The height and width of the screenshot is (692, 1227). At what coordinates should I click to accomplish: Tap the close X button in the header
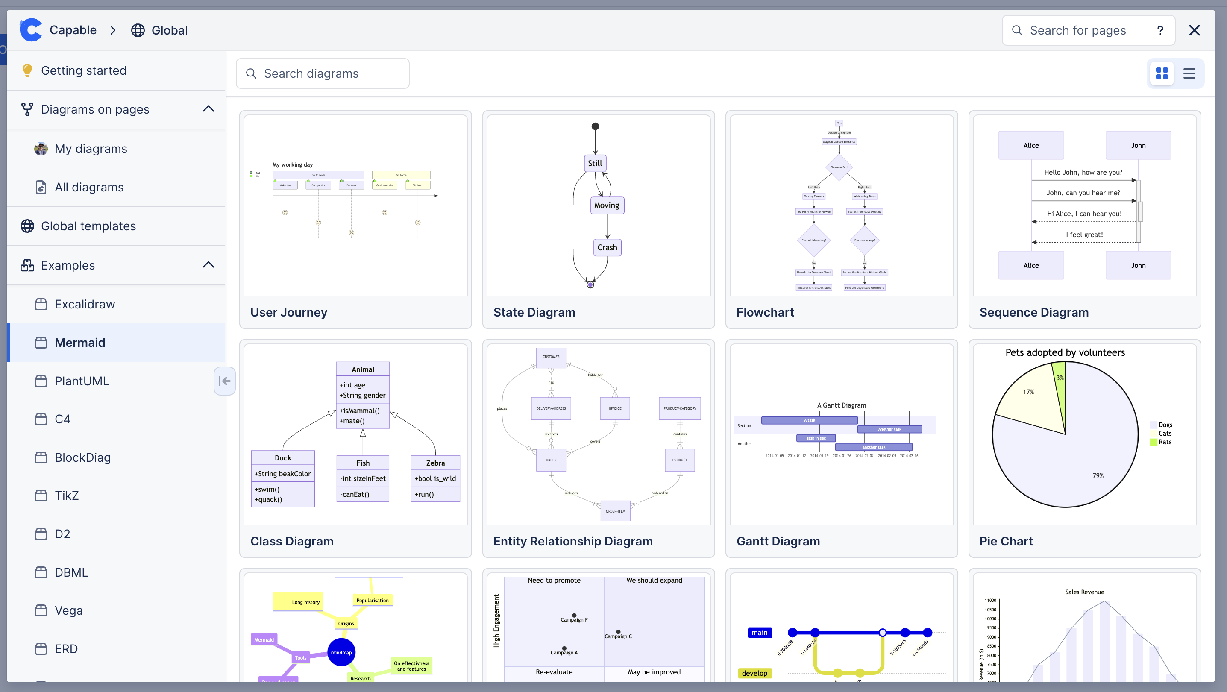(1194, 30)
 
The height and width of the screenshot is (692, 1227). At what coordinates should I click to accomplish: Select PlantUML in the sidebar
(82, 381)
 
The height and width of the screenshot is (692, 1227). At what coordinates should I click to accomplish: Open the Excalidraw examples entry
(84, 304)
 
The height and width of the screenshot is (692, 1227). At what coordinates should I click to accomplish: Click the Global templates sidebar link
(88, 226)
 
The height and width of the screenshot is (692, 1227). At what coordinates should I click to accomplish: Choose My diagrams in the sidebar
(91, 149)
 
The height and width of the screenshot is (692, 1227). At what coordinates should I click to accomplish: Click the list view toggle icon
(1189, 73)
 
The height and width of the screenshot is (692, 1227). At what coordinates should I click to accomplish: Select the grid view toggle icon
(1162, 73)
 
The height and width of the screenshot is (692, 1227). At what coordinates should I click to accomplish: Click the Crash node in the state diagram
(607, 248)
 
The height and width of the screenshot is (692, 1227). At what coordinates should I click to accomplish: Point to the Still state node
(595, 163)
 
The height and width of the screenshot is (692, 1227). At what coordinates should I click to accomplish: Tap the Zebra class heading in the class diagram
(435, 463)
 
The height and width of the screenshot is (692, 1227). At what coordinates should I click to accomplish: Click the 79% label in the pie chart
(1098, 476)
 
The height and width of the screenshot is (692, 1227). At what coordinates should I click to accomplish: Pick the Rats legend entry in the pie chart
(1165, 442)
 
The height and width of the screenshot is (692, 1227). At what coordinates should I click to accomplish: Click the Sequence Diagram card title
(1034, 312)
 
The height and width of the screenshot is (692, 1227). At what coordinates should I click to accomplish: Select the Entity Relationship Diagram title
(573, 542)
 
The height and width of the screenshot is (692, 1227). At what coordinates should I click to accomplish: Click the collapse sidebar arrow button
(224, 381)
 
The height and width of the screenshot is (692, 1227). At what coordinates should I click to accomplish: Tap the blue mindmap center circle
(341, 652)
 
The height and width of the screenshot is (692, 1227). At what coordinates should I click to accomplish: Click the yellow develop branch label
(754, 673)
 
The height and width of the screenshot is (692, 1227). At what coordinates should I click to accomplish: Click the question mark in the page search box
(1160, 30)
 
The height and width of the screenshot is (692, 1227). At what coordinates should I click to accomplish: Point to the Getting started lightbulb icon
(27, 70)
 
